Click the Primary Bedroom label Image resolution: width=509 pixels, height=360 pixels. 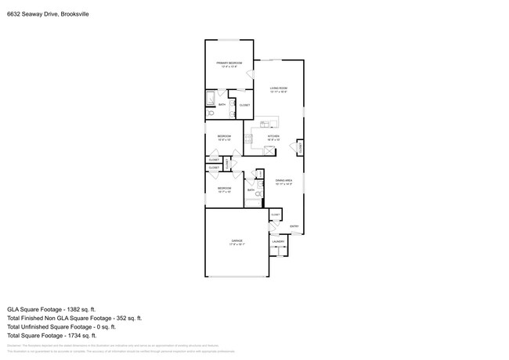coord(229,63)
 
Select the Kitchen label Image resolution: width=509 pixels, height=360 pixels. coord(273,137)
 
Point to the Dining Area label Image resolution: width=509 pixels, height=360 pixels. coord(283,182)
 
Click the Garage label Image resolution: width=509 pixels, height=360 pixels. coord(236,242)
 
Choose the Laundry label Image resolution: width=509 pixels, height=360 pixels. coord(278,242)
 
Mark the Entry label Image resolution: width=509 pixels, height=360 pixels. coord(294,227)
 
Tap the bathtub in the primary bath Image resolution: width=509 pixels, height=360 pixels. coord(210,99)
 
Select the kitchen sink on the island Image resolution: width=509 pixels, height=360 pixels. coord(265,124)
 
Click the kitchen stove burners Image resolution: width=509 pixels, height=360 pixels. coord(249,138)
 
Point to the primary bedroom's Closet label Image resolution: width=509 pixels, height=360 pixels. coord(244,105)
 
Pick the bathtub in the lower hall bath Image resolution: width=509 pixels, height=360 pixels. coord(252,203)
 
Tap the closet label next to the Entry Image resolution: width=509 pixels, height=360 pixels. coord(275,214)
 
